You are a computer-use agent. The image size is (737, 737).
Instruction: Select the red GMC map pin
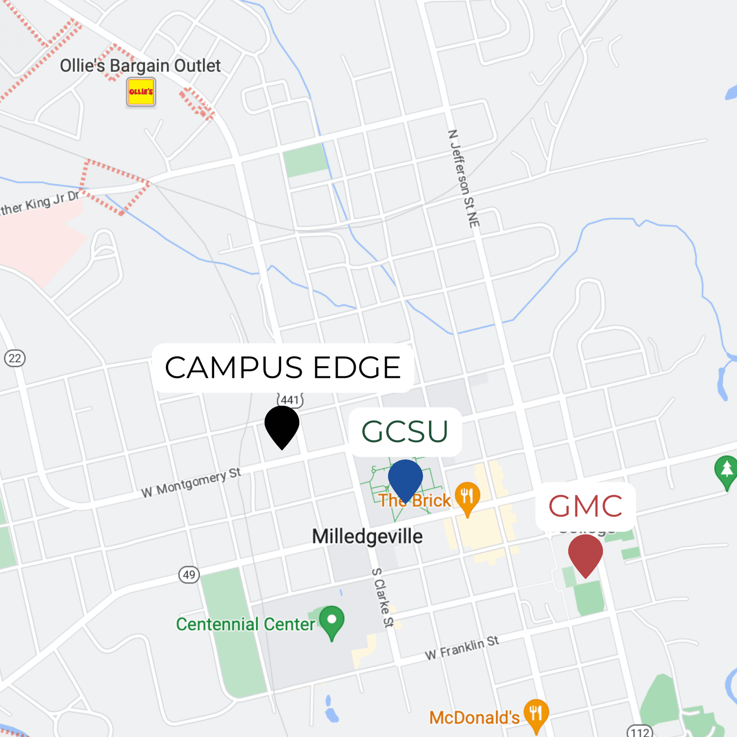pos(585,553)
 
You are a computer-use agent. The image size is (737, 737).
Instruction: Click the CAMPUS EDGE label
pos(283,368)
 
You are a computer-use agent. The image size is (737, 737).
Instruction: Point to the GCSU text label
pos(405,432)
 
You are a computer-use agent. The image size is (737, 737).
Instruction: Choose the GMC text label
pos(585,507)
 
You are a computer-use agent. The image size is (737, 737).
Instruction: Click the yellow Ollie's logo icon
pos(141,92)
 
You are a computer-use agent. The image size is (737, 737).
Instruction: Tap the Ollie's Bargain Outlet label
pos(140,66)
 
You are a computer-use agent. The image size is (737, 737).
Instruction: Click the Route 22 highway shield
pos(15,358)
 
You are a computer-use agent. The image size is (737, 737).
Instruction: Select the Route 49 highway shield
pos(189,574)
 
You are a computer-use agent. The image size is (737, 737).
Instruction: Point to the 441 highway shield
pos(290,399)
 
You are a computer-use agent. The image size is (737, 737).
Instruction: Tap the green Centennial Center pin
pos(332,621)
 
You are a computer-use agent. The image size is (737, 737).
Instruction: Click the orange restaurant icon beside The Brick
pos(467,496)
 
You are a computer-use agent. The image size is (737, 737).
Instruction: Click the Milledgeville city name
pos(367,537)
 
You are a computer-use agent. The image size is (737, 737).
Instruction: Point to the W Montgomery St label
pos(191,482)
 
